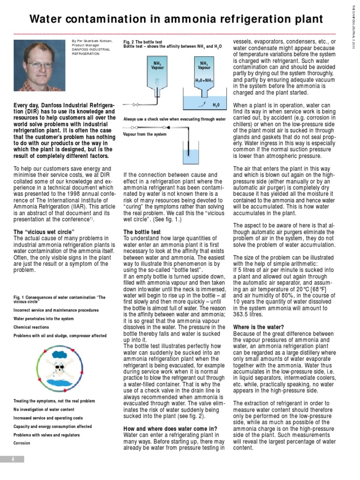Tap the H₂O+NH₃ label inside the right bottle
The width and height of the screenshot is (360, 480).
coord(204,80)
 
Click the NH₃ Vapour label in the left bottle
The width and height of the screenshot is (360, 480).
coord(157,65)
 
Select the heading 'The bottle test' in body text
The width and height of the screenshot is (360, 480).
coord(142,232)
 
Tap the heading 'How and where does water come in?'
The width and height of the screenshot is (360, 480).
coord(170,428)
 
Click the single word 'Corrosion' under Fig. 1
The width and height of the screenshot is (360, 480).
coord(22,443)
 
